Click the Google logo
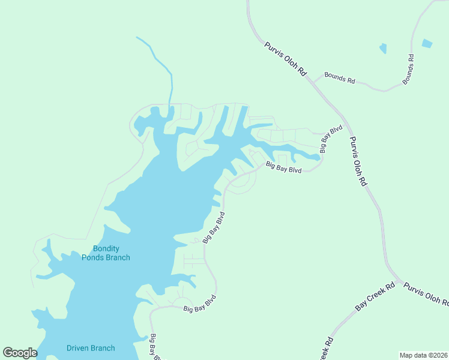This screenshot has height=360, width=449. pos(20,353)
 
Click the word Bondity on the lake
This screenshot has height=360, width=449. pos(106,248)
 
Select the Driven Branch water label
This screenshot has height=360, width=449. pos(91,348)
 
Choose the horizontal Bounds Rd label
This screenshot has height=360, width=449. pos(340,79)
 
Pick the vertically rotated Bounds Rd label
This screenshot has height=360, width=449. pos(408,69)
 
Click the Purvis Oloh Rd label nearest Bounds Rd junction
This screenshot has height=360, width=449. pos(286,58)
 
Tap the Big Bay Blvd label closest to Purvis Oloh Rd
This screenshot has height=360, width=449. pos(331,139)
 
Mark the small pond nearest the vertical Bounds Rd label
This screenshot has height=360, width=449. pos(427,43)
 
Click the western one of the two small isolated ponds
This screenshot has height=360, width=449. pos(382,49)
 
